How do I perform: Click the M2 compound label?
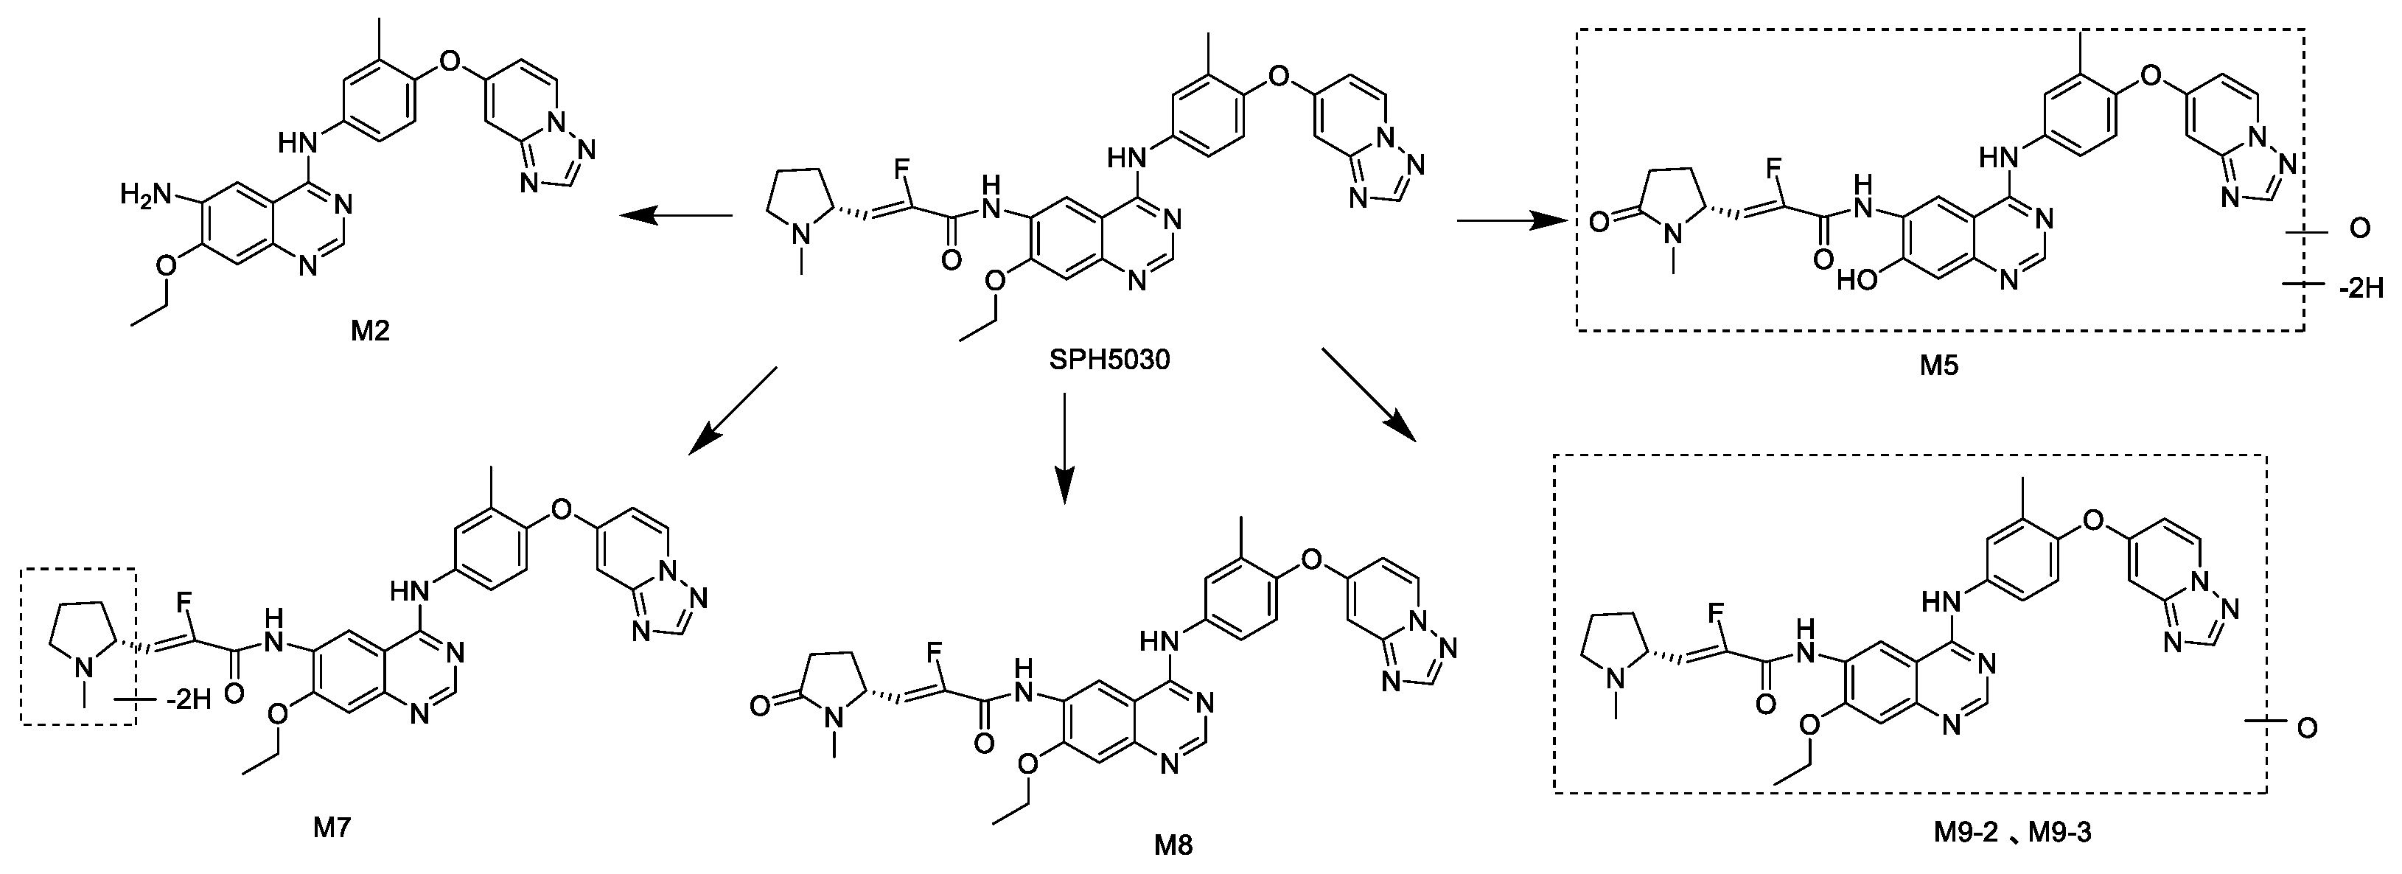[x=369, y=330]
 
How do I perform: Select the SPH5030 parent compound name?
[x=1109, y=358]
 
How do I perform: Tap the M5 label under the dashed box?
[x=1938, y=366]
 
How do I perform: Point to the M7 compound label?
[x=331, y=826]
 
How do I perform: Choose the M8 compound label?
[x=1173, y=845]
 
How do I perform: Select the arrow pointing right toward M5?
[x=1511, y=221]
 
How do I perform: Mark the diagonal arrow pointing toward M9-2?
[x=1368, y=394]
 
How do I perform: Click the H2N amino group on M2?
[x=148, y=195]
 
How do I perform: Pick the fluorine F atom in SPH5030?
[x=901, y=169]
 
